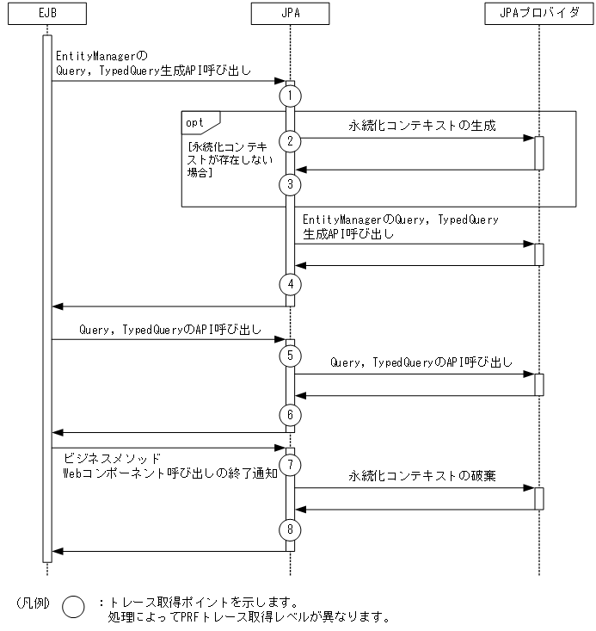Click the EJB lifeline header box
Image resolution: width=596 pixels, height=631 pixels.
coord(46,14)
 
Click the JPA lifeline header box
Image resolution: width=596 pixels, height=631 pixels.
coord(290,14)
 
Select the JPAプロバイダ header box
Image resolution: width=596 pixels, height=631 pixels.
coord(539,14)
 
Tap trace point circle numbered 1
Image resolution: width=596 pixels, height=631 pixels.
coord(291,95)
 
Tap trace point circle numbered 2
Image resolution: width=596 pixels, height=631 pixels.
coord(291,140)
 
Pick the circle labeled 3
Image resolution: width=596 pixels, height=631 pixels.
coord(291,183)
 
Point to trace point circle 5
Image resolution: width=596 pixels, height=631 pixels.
coord(291,354)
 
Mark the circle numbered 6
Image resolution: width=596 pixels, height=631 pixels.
coord(291,414)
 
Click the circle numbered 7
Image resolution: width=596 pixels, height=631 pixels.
coord(291,465)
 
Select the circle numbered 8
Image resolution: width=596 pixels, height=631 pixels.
coord(291,528)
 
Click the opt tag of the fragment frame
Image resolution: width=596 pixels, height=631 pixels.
coord(197,122)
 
